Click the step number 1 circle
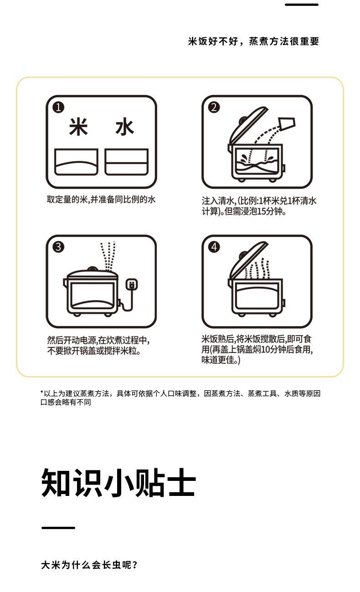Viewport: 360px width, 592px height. coord(58,107)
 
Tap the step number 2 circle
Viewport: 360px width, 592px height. coord(214,107)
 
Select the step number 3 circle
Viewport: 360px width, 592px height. coord(58,247)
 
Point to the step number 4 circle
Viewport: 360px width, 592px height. coord(214,247)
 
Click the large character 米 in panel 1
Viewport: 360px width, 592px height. coord(78,127)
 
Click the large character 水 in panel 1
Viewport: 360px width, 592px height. coord(124,127)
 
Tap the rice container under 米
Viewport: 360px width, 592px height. coord(76,162)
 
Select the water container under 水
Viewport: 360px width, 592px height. coord(126,162)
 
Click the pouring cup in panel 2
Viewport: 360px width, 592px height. coord(287,124)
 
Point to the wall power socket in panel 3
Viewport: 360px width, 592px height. coord(131,285)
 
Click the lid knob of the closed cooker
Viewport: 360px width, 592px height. coord(93,269)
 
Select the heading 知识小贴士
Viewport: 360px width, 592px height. coord(118,483)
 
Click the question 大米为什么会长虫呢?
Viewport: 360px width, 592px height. coord(89,565)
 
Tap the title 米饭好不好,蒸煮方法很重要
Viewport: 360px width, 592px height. coord(253,41)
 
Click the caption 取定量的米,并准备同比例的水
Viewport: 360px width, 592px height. coord(101,199)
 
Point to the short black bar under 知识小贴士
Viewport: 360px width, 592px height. coord(58,528)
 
